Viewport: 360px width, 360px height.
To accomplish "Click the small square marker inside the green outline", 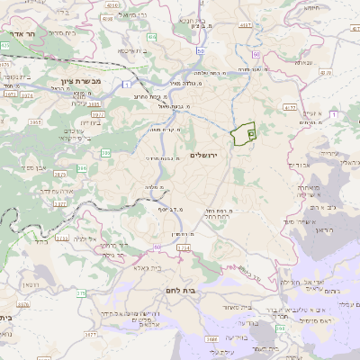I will point(251,133).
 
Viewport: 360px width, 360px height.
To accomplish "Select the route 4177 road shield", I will point(290,108).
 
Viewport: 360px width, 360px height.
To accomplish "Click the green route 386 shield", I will point(82,167).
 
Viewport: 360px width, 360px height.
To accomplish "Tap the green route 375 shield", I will point(79,292).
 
